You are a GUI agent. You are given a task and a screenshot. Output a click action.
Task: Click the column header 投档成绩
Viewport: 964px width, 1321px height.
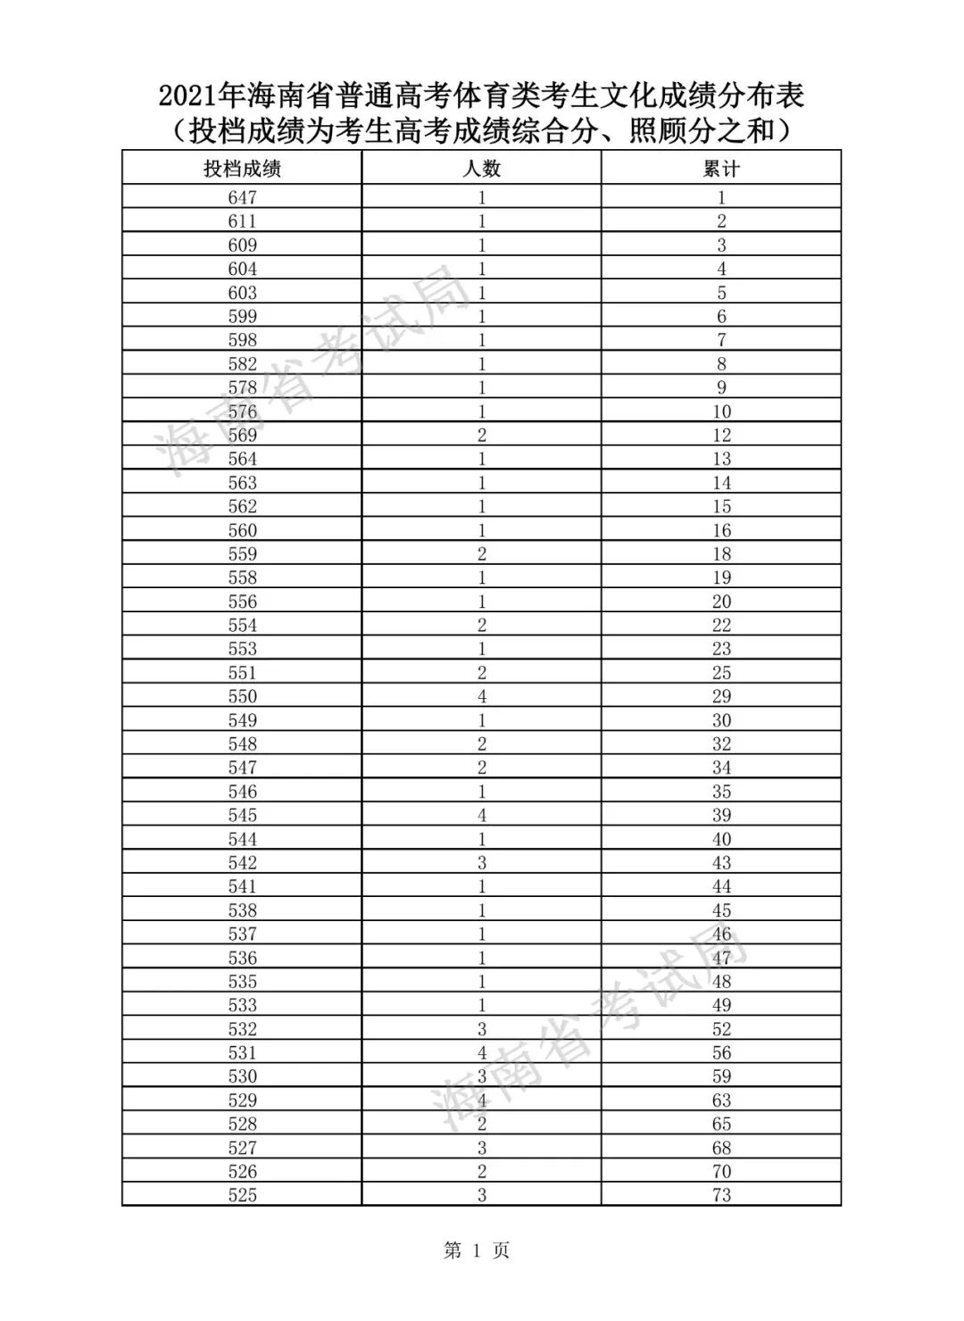coord(242,169)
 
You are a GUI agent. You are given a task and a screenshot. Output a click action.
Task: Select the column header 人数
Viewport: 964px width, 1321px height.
coord(482,169)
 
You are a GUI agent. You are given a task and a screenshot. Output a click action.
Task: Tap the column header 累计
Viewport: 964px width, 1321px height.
coord(721,169)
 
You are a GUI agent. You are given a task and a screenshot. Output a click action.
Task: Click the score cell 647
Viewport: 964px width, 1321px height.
coord(242,198)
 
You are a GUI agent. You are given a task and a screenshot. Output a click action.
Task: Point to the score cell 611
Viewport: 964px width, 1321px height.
coord(242,221)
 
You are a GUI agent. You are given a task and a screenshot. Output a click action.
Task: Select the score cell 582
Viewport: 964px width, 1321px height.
coord(242,364)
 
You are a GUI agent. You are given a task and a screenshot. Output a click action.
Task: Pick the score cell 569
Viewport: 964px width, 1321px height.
coord(242,436)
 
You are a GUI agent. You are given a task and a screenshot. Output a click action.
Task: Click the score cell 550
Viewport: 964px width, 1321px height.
coord(242,696)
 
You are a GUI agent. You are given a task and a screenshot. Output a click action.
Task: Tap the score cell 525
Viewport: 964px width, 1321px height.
coord(242,1195)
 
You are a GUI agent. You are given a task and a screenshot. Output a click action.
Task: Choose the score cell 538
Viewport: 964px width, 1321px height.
coord(242,910)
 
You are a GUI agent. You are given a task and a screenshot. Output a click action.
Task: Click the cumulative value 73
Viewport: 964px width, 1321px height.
coord(721,1195)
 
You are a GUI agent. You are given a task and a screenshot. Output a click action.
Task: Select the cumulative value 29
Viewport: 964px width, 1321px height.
coord(721,696)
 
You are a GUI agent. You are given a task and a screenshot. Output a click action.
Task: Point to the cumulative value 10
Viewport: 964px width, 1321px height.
coord(721,411)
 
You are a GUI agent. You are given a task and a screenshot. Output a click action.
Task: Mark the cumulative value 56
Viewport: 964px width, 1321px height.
coord(721,1053)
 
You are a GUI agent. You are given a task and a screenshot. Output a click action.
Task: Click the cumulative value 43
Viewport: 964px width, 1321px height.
coord(721,863)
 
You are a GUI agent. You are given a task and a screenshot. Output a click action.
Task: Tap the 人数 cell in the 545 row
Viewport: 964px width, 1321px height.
coord(482,815)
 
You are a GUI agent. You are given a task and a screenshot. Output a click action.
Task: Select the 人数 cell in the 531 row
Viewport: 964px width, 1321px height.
coord(482,1053)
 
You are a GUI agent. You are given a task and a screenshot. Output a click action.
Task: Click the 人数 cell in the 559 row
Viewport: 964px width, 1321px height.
coord(482,554)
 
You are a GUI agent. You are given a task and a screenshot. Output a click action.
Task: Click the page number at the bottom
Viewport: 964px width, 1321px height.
coord(477,1250)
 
